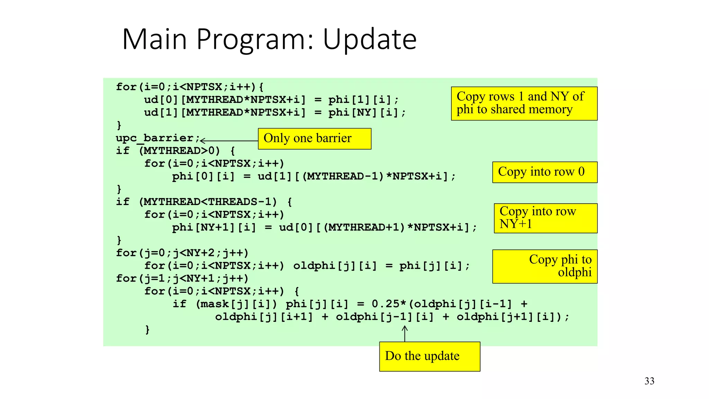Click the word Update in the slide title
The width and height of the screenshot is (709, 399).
[x=369, y=39]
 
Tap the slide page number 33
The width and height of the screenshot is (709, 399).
[x=649, y=381]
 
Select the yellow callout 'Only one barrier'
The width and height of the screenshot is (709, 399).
[x=314, y=139]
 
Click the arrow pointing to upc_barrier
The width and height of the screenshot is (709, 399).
[x=228, y=141]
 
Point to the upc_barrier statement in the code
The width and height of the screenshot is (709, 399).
[x=158, y=138]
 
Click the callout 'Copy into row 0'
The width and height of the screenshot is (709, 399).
[x=545, y=172]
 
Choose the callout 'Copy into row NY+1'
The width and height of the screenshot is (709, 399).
[x=545, y=218]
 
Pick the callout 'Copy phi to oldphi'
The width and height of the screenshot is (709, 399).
[x=545, y=266]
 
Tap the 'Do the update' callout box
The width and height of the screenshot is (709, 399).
[x=429, y=356]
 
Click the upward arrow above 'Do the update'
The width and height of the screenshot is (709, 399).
[x=405, y=334]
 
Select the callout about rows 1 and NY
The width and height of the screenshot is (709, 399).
[x=524, y=103]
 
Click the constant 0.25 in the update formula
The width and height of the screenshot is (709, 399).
[x=385, y=304]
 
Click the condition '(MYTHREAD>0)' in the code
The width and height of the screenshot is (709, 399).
[x=179, y=151]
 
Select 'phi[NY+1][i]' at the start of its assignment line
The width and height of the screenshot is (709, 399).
[x=214, y=228]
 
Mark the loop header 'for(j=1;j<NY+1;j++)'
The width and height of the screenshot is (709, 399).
[x=182, y=278]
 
